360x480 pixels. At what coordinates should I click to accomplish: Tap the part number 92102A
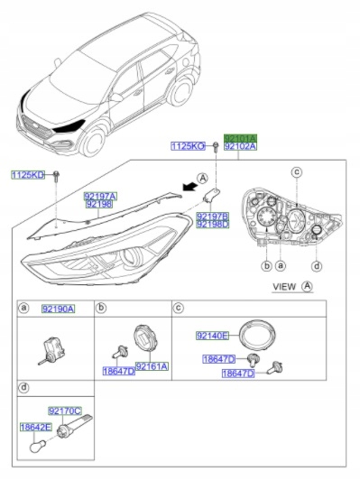(240, 144)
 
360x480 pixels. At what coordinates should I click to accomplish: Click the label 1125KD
(27, 173)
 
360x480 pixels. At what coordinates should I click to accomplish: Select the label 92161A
(152, 366)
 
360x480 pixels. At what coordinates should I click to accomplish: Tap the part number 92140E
(213, 335)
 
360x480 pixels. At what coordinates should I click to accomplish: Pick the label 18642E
(36, 428)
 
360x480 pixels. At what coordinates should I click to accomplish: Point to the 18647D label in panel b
(118, 371)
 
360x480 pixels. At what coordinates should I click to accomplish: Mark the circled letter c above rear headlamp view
(295, 171)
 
